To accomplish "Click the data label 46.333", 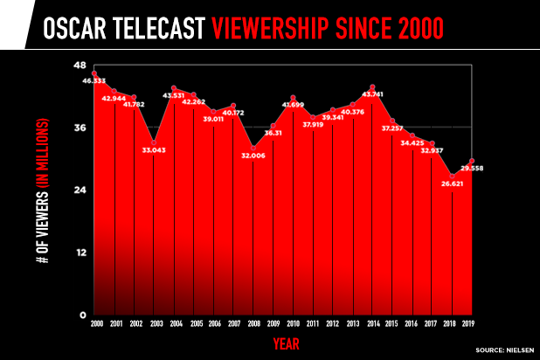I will point(94,80).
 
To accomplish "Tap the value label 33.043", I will point(154,150).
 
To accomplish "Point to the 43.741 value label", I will point(373,94).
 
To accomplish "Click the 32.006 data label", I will point(253,156).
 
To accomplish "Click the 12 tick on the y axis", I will point(80,253).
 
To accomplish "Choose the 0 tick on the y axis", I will point(82,315).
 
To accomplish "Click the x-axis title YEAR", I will point(287,343).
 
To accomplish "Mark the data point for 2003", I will point(154,142).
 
